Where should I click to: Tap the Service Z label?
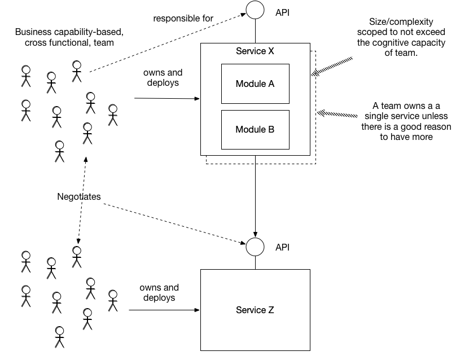pyautogui.click(x=255, y=310)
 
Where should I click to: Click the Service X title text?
pyautogui.click(x=255, y=51)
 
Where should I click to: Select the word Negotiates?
pyautogui.click(x=79, y=196)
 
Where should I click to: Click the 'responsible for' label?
pyautogui.click(x=183, y=18)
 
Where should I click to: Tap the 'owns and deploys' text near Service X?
pyautogui.click(x=163, y=77)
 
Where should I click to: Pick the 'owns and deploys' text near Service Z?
pyautogui.click(x=159, y=292)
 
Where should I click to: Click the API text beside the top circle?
pyautogui.click(x=282, y=12)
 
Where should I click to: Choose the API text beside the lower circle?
pyautogui.click(x=282, y=247)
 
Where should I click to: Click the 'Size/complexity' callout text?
pyautogui.click(x=401, y=37)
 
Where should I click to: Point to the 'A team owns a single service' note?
pyautogui.click(x=406, y=121)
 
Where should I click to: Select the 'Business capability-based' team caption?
pyautogui.click(x=69, y=37)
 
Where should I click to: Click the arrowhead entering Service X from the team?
pyautogui.click(x=197, y=99)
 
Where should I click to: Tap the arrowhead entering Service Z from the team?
pyautogui.click(x=197, y=310)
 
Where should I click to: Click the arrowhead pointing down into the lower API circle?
pyautogui.click(x=255, y=235)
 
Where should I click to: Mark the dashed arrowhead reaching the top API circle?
pyautogui.click(x=243, y=14)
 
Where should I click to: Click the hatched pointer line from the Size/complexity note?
pyautogui.click(x=332, y=67)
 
